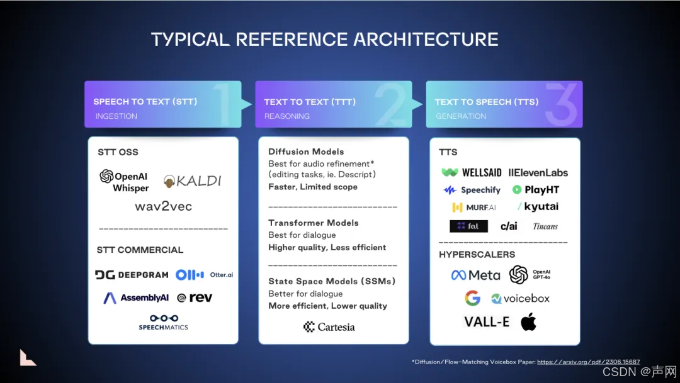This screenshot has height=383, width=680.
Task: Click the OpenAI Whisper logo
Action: [124, 180]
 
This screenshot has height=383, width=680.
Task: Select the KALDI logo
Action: [193, 181]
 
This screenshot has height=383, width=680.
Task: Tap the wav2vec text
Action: [163, 206]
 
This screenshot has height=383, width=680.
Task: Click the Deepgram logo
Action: [132, 275]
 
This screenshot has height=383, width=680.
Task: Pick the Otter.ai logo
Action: [204, 275]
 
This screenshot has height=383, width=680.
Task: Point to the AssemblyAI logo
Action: [136, 298]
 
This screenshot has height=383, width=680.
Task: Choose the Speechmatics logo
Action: [163, 322]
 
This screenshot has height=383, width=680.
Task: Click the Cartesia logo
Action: [329, 327]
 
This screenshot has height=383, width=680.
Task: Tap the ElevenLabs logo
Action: [538, 172]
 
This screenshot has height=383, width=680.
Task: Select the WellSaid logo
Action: [472, 172]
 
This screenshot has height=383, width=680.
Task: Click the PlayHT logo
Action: [535, 190]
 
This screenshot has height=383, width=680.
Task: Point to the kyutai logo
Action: [538, 207]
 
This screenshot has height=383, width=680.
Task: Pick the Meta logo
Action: [475, 275]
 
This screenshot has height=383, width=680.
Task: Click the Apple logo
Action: [528, 322]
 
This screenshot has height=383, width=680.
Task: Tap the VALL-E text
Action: [487, 322]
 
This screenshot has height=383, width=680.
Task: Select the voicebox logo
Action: [520, 299]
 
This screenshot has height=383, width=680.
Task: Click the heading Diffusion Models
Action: [306, 152]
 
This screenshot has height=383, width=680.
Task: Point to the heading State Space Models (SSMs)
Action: [332, 281]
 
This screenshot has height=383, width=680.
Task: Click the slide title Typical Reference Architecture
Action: [325, 40]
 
